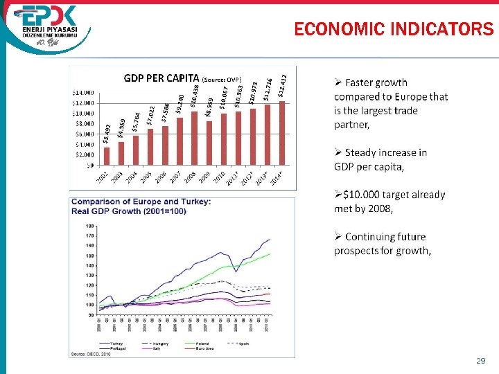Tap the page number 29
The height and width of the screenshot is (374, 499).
pos(480,362)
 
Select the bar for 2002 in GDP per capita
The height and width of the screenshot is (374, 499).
pos(106,156)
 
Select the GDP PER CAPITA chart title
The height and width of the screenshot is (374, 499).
pos(161,78)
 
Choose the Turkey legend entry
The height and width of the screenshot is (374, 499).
pos(114,343)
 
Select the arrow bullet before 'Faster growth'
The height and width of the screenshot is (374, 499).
pos(338,83)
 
